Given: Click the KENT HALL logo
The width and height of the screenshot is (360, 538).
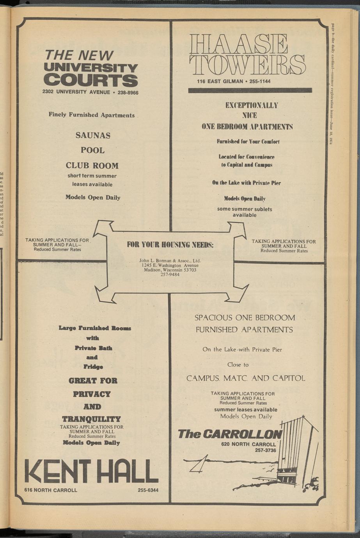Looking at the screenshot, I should [91, 471].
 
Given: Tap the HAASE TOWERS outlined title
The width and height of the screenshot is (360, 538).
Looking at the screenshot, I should [247, 54].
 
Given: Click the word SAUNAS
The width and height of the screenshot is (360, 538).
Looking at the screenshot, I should [93, 136].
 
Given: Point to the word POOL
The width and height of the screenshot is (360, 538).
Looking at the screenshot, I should [92, 150].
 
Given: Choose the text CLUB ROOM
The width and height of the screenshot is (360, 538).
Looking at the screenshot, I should [92, 165].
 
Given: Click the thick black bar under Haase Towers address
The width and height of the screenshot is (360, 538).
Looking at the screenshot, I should [250, 90].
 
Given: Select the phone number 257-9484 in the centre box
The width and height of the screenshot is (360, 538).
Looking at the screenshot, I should [170, 274].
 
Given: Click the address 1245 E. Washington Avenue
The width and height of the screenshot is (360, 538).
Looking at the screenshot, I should [170, 265].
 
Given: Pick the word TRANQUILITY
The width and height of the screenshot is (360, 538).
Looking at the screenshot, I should [92, 419].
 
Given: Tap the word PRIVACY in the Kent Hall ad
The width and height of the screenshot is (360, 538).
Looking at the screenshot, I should [92, 394].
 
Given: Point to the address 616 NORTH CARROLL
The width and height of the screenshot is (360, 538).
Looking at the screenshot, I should [51, 490].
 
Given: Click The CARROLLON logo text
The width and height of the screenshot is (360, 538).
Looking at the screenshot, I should [229, 434].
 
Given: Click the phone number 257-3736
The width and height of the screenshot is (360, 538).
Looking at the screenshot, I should [265, 450].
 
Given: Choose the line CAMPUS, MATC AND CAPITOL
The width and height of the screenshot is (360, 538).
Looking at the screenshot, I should [246, 378].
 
